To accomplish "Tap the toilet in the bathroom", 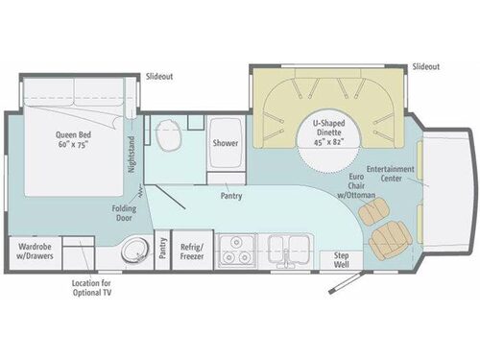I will click(x=171, y=138).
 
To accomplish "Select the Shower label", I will click(x=224, y=145).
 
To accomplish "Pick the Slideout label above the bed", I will click(x=159, y=76).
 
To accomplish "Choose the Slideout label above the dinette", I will click(x=425, y=66).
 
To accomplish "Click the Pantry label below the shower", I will click(x=229, y=197).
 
